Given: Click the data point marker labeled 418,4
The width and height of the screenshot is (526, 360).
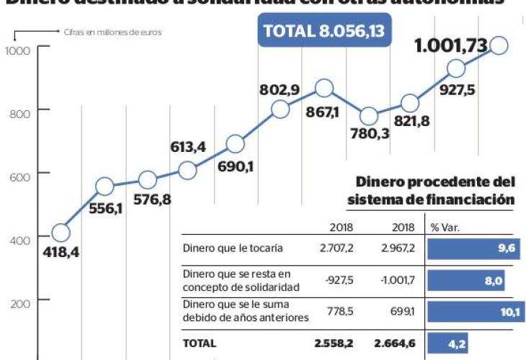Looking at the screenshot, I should (61, 233).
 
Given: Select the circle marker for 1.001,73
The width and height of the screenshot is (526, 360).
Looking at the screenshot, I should (499, 46).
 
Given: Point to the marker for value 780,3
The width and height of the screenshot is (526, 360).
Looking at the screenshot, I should (369, 115).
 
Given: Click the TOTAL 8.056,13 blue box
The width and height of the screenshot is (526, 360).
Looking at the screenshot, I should (324, 31).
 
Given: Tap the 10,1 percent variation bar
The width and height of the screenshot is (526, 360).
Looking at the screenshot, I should (475, 312).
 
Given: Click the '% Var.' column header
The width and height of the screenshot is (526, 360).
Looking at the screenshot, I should (445, 228).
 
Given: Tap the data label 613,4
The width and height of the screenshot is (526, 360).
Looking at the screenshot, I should (187, 148).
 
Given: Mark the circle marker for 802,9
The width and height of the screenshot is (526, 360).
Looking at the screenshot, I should (280, 109).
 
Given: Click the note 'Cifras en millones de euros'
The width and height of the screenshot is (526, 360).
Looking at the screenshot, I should (110, 32).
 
